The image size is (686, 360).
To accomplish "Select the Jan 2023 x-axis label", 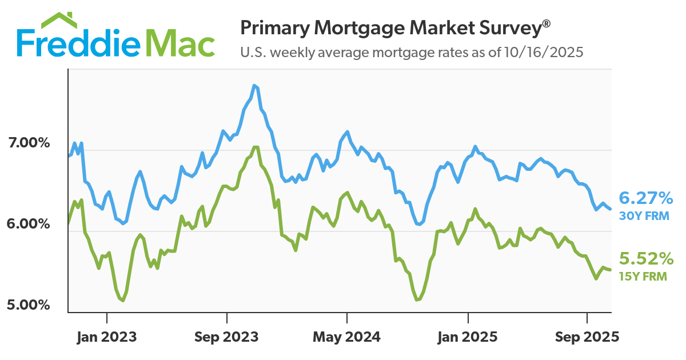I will [x=107, y=337].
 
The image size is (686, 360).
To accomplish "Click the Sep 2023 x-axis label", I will [x=227, y=337].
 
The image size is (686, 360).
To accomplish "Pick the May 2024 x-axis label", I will [x=346, y=337].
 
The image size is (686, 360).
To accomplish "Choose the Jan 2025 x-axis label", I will [x=468, y=337].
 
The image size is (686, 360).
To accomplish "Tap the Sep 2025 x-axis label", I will [x=587, y=337].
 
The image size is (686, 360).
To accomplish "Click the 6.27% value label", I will [x=647, y=199].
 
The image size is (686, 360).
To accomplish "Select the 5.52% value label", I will [x=647, y=259].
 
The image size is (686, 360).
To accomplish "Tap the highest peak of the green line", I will [x=256, y=147].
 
